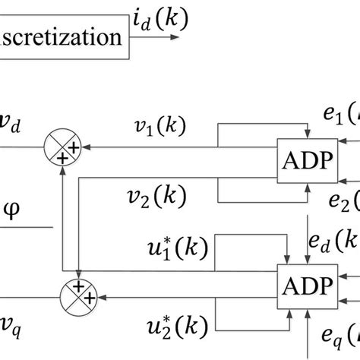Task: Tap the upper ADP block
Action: point(305,160)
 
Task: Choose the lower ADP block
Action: point(305,286)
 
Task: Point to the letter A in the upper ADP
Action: point(292,160)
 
